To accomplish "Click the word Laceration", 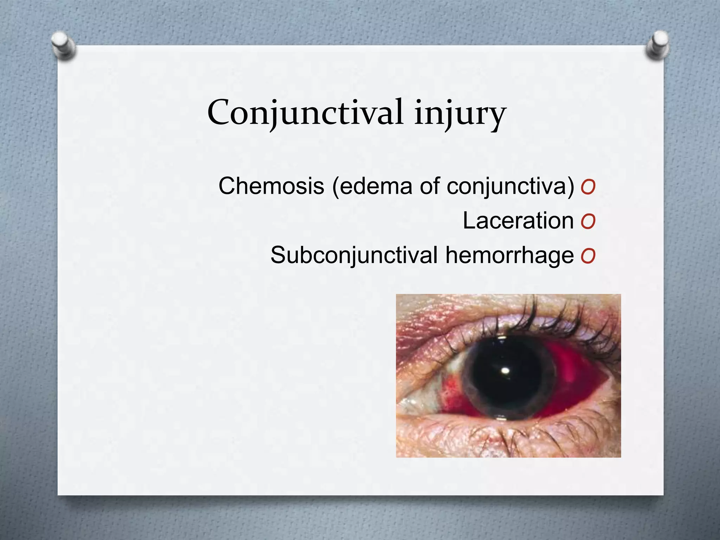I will (518, 221).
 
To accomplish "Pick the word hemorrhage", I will (509, 256).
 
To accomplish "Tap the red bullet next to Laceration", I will (588, 221).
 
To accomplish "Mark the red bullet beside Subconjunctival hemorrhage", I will (588, 256).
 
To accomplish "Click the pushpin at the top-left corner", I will (63, 46).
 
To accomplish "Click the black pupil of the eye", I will (506, 383).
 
